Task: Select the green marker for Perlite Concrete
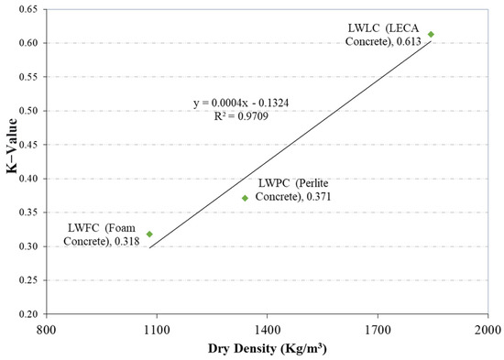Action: (245, 198)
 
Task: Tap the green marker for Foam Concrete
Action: (149, 235)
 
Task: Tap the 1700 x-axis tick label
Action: (377, 328)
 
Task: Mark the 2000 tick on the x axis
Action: (487, 328)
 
